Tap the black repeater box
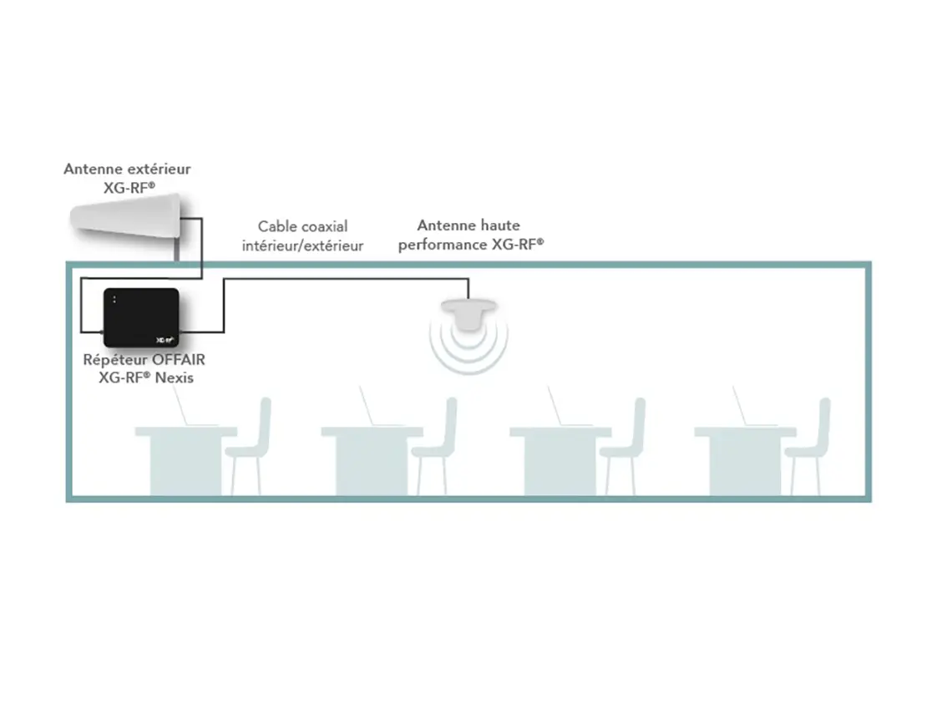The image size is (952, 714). pos(141,317)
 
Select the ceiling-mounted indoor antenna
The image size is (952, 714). pos(468,315)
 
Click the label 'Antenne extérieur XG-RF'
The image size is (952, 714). pos(127,178)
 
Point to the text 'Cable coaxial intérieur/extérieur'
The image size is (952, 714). pos(302,235)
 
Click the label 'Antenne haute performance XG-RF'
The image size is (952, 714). pos(470,235)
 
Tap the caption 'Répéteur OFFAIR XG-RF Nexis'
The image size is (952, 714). pos(144,368)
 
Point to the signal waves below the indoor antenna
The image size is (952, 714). pos(468,351)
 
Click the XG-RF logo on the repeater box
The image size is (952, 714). pos(164,339)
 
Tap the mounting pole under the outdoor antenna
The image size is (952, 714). pos(177,250)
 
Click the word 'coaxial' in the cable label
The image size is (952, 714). pos(325,226)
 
